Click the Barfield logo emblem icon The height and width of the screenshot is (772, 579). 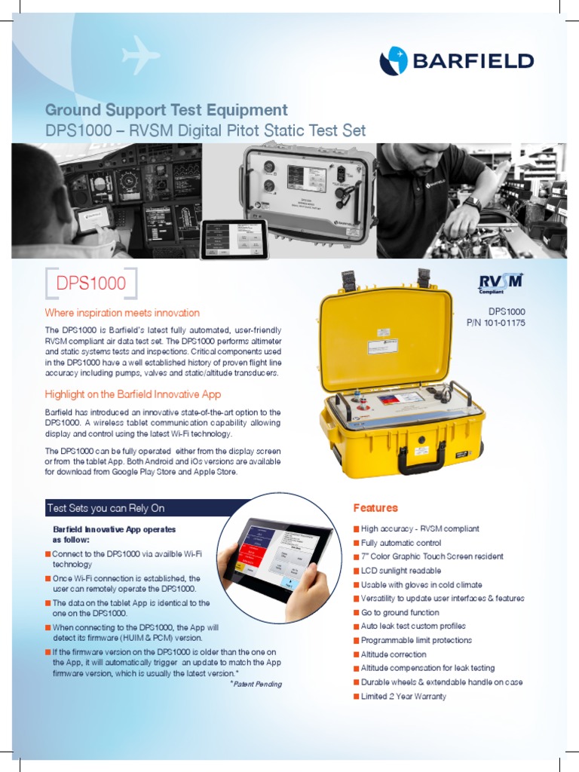pos(393,61)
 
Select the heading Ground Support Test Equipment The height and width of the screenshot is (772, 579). pos(166,110)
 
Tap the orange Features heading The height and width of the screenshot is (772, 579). pos(375,508)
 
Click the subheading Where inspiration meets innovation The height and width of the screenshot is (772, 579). pos(122,313)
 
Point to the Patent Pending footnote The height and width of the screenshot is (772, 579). pos(256,684)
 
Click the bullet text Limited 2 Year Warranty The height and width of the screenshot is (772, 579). pos(403,696)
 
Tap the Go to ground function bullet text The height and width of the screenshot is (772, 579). pos(400,612)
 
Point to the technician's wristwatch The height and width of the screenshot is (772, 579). pos(472,204)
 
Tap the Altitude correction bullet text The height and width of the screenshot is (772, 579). pos(394,654)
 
